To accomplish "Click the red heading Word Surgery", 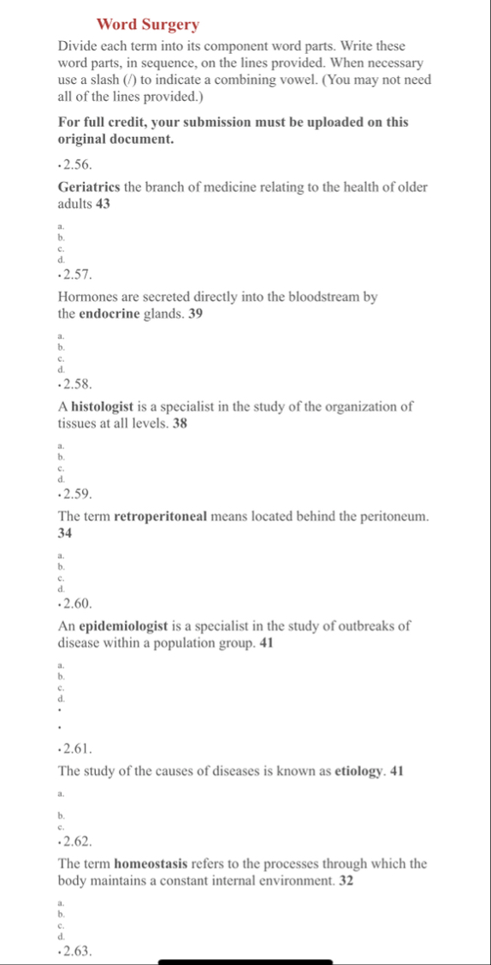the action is (x=148, y=24).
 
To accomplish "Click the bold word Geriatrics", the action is (x=90, y=187).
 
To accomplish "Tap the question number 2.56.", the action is (x=77, y=163).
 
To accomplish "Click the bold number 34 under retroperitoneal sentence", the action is (x=65, y=533).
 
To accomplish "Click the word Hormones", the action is (x=87, y=297).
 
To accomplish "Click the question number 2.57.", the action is (x=77, y=273).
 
